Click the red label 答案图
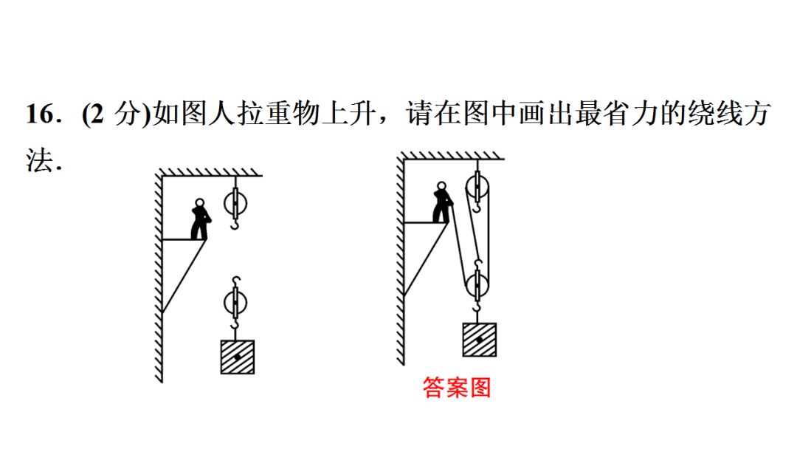pyautogui.click(x=457, y=387)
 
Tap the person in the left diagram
pyautogui.click(x=199, y=219)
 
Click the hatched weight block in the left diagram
pyautogui.click(x=237, y=357)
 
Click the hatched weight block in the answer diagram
pyautogui.click(x=479, y=340)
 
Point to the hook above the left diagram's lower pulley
pyautogui.click(x=235, y=281)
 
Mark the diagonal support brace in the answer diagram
pyautogui.click(x=426, y=258)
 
